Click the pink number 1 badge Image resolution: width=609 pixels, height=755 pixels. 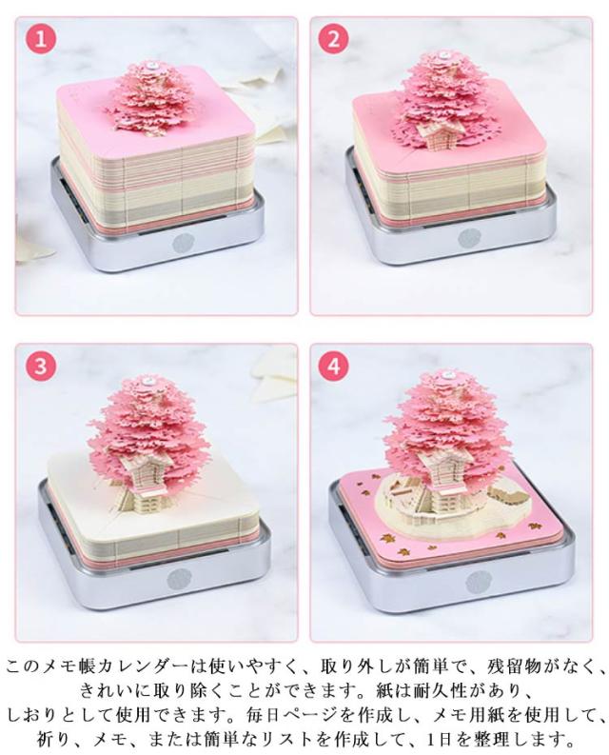pos(42,38)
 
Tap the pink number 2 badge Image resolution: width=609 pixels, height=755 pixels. pos(333,38)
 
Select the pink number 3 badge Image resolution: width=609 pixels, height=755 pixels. pos(41,366)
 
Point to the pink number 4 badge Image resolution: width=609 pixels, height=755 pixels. pos(333,366)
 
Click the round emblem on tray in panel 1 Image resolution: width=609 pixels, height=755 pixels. pos(183,244)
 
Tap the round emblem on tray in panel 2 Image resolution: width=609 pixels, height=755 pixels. pos(469,238)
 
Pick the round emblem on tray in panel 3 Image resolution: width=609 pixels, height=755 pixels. pos(178,579)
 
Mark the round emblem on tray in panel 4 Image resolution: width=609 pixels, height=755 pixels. pos(477,581)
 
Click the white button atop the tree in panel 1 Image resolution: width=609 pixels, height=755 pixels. pos(152,66)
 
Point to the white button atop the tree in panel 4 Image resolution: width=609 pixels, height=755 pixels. pos(448,373)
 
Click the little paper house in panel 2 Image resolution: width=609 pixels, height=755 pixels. pos(436,133)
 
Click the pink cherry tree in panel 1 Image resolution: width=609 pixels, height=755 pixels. pos(148,99)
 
